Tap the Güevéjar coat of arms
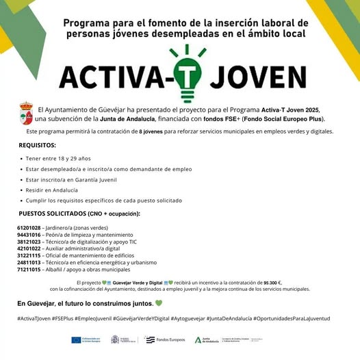27,114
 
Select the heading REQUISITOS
38,145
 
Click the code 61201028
29,227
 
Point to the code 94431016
29,234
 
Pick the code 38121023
29,241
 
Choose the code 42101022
29,248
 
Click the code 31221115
29,255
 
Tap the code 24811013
29,262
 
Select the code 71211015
29,269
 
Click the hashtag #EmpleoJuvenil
114,318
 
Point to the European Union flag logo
76,339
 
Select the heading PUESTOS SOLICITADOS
78,214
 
